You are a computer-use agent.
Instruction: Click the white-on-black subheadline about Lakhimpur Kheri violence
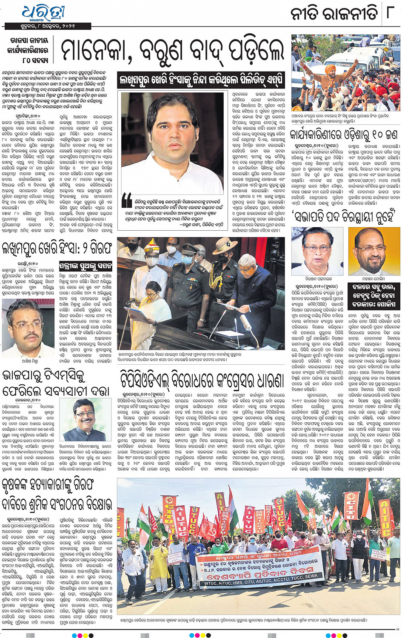point(202,80)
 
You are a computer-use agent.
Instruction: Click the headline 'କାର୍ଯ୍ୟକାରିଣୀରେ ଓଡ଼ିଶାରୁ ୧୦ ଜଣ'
point(343,135)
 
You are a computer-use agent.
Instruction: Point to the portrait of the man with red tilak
point(90,419)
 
